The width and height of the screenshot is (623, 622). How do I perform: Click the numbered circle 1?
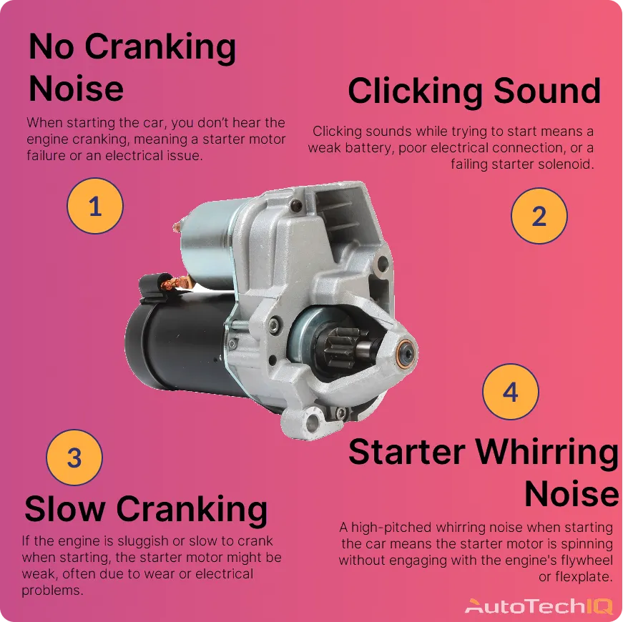pos(95,207)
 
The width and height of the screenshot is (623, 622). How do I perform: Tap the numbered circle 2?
pos(539,216)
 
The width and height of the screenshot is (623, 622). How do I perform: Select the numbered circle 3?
pos(74,458)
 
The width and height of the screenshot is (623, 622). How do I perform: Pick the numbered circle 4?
pos(510,392)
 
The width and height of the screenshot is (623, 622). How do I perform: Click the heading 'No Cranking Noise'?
pos(132,68)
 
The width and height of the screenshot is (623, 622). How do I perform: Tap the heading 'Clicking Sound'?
pos(474,92)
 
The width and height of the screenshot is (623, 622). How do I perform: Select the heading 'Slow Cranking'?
pos(146,509)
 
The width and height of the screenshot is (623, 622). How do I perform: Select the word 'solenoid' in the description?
pos(568,164)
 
